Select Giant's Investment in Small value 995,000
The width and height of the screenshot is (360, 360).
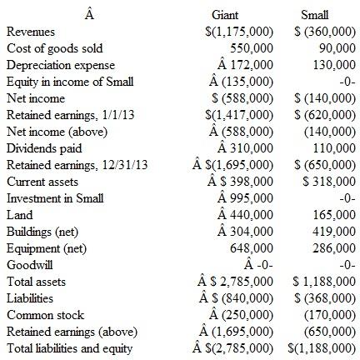245,197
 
